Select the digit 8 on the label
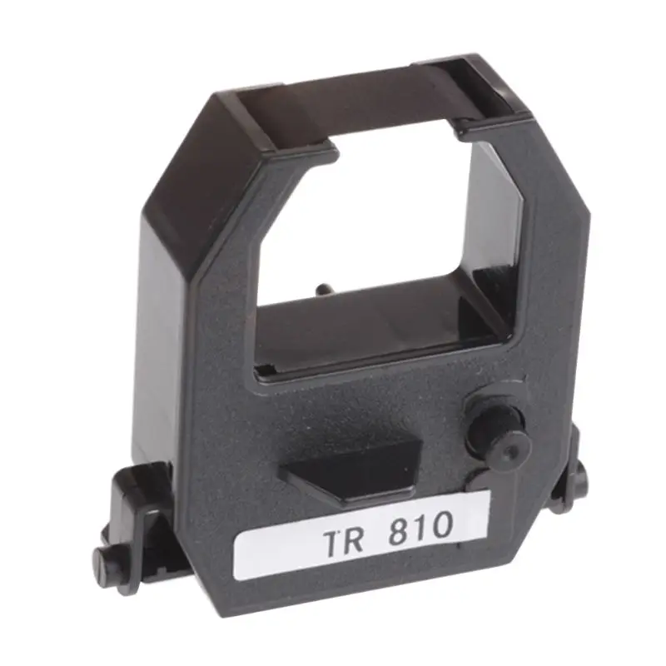[x=400, y=529]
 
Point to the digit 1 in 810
[x=422, y=526]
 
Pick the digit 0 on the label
[x=441, y=524]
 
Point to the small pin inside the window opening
[x=321, y=291]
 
